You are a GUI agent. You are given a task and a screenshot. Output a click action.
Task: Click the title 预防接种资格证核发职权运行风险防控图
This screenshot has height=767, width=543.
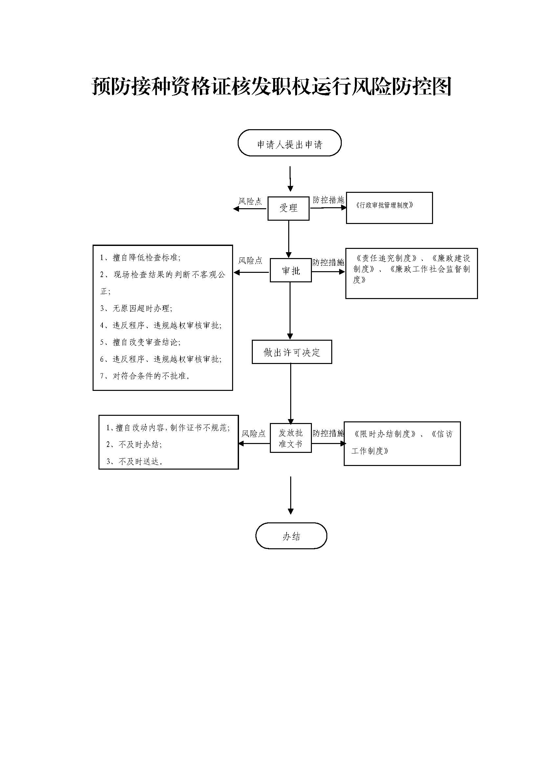pos(271,87)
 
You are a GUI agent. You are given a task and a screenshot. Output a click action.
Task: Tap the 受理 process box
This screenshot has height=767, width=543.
pos(288,209)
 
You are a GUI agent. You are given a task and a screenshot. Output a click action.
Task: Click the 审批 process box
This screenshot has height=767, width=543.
pos(291,271)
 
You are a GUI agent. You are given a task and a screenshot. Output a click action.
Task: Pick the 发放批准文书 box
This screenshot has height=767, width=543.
pos(291,438)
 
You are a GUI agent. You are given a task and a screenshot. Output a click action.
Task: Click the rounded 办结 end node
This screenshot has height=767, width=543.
pos(291,536)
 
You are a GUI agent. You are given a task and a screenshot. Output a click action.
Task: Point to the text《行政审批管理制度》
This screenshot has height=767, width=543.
pos(384,206)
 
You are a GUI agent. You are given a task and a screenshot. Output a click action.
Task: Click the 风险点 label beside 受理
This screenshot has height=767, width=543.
pos(250,201)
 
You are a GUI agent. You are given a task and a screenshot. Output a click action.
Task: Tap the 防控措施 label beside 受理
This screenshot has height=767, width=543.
pos(328,200)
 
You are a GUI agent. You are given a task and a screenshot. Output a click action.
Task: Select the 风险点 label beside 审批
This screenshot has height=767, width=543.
pos(250,261)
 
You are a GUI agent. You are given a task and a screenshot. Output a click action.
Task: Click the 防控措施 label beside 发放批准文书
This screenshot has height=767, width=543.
pos(328,434)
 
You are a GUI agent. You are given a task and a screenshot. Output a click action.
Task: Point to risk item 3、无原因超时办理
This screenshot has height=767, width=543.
pos(137,308)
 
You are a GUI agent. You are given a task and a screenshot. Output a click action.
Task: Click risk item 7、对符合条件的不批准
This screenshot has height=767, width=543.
pos(145,376)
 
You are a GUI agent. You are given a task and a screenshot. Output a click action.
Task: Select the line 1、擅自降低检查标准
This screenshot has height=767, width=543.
pos(141,257)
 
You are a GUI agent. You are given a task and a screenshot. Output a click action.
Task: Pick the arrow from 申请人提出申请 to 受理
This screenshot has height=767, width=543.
pos(290,179)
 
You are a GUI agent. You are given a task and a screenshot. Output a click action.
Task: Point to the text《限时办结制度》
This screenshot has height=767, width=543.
pos(384,434)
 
